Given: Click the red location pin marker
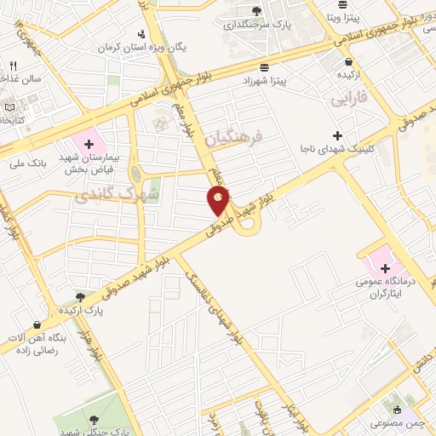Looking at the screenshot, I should tap(219, 200).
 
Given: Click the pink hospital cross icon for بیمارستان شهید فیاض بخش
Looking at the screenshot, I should tap(89, 141).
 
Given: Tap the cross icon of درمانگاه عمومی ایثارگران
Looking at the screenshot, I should tap(385, 267).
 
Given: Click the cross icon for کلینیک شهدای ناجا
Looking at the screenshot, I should tap(339, 135).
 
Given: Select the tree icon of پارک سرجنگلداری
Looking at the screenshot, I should tap(256, 11).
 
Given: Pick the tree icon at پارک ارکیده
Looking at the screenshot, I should tap(80, 297).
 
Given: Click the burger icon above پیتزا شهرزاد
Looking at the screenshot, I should tap(267, 66).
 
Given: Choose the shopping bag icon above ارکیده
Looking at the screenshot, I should tap(348, 61).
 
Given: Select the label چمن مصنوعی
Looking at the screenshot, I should tap(393, 422).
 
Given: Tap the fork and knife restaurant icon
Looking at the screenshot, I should tap(13, 66).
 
